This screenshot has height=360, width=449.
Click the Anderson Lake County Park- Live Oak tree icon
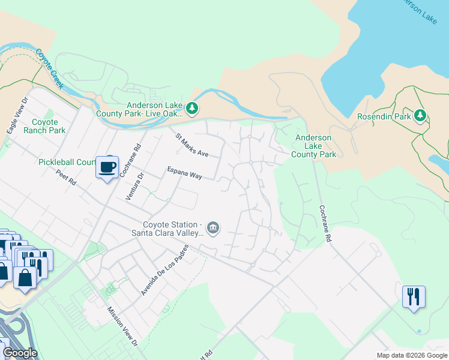(x=192, y=109)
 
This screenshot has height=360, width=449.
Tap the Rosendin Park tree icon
(x=420, y=115)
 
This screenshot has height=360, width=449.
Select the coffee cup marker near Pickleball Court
(x=107, y=167)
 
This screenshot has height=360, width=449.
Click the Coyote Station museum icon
(x=212, y=228)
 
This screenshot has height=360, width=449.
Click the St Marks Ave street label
(x=192, y=145)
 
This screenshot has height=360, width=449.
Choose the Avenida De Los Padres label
(x=164, y=270)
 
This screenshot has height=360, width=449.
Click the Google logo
(x=19, y=353)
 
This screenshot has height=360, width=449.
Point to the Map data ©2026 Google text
(x=411, y=355)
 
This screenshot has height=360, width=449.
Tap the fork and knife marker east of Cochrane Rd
(x=414, y=297)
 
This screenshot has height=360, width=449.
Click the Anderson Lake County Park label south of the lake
(x=313, y=146)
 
